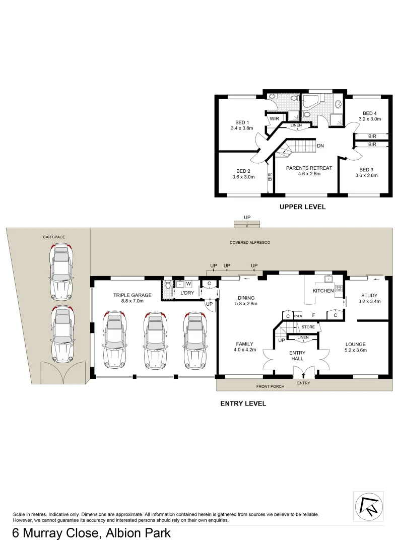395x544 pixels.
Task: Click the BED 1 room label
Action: (x=242, y=122)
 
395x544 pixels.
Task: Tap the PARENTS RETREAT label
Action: (x=309, y=168)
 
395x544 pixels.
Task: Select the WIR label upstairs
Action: (x=275, y=119)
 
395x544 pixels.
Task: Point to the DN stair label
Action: (x=320, y=146)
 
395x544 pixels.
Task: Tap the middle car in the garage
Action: (x=154, y=339)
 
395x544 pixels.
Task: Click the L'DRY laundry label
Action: (x=187, y=293)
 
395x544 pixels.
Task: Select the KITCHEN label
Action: (x=323, y=291)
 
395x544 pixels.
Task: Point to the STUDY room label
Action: (x=369, y=295)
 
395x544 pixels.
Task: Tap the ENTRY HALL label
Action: (x=297, y=356)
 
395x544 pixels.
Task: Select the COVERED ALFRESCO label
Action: (x=250, y=242)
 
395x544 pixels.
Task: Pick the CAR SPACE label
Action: (x=54, y=237)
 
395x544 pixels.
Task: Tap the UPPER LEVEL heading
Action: (x=302, y=207)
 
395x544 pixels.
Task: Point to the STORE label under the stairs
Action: (x=308, y=327)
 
